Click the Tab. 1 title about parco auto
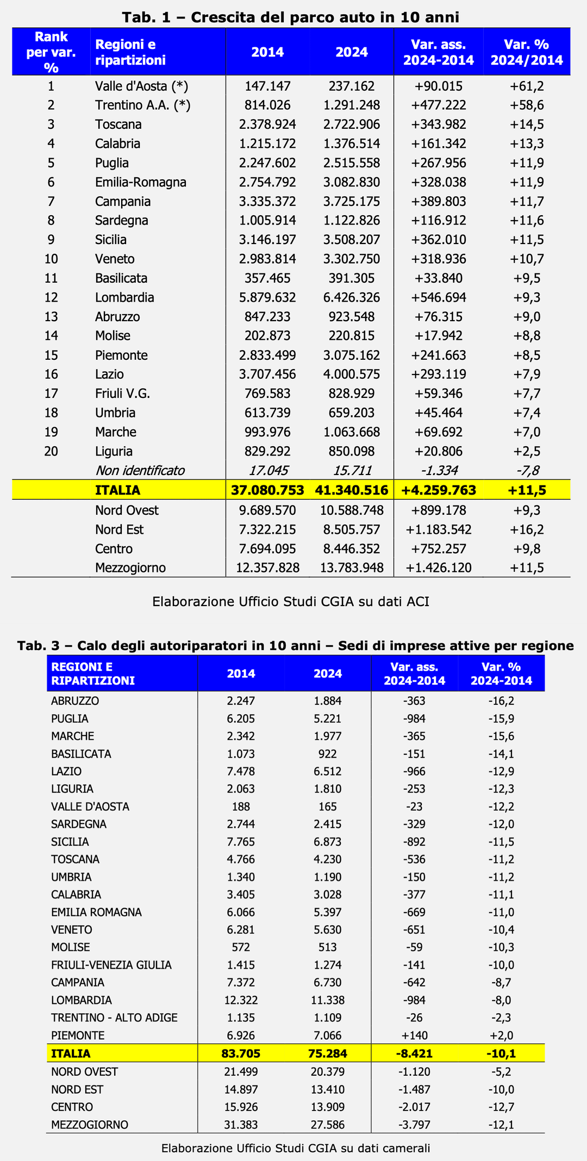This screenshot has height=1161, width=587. click(x=291, y=17)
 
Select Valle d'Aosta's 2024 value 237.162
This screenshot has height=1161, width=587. click(x=352, y=86)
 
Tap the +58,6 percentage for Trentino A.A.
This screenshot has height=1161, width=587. click(x=527, y=105)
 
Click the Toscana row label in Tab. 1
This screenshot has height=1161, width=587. click(x=118, y=124)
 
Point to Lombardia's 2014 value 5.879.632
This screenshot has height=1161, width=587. click(x=267, y=297)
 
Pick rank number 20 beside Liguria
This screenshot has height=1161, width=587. click(x=51, y=451)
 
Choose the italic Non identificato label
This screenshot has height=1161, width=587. click(x=140, y=470)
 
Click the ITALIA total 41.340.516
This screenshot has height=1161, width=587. click(x=352, y=490)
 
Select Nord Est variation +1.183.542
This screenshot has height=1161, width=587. click(x=439, y=529)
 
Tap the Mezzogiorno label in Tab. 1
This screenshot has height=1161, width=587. click(x=130, y=568)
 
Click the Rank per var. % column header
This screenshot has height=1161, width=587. click(x=51, y=52)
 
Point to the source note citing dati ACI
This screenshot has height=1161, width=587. click(x=291, y=602)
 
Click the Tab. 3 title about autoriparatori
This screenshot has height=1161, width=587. click(x=296, y=646)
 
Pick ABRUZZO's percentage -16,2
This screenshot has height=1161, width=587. click(x=501, y=701)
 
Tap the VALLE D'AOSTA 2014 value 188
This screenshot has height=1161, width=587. click(x=241, y=807)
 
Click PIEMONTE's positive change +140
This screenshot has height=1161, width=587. click(x=415, y=1035)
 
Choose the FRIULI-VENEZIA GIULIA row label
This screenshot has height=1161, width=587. click(x=111, y=965)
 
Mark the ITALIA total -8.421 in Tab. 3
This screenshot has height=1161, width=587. click(x=415, y=1053)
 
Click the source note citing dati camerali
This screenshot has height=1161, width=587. click(x=296, y=1148)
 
